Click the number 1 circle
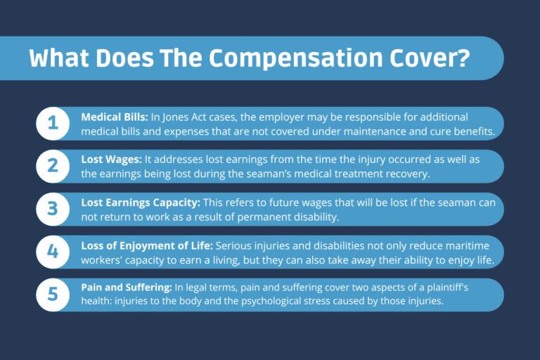pos(53,124)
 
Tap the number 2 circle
pos(53,167)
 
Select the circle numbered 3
pos(53,210)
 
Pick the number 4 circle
pos(53,252)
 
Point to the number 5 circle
pos(53,295)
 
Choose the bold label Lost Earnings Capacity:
pos(140,202)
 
